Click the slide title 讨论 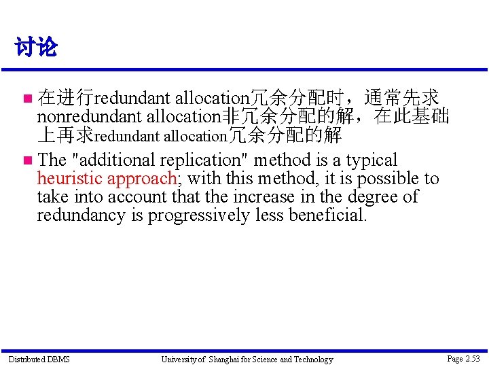click(36, 48)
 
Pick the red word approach click(143, 179)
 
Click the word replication click(203, 160)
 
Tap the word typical click(372, 160)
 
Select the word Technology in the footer click(312, 360)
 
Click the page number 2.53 click(471, 359)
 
